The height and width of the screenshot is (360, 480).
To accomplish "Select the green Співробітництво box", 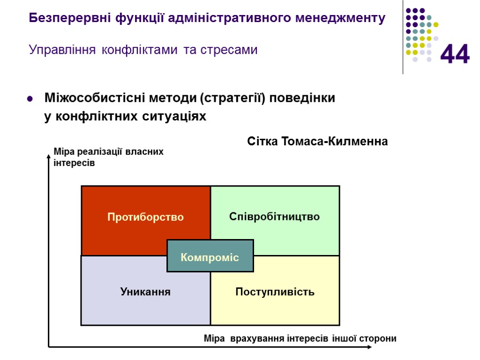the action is point(275,217).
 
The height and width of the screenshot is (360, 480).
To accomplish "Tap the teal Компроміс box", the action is point(210,256).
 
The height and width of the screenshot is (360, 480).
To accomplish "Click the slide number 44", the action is point(455,54).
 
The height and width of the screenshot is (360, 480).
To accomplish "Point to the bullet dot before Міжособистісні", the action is point(30,99).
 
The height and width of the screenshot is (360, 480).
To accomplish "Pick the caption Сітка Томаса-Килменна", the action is point(317,142).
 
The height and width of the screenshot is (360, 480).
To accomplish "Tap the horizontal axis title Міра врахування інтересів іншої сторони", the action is point(300,338).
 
